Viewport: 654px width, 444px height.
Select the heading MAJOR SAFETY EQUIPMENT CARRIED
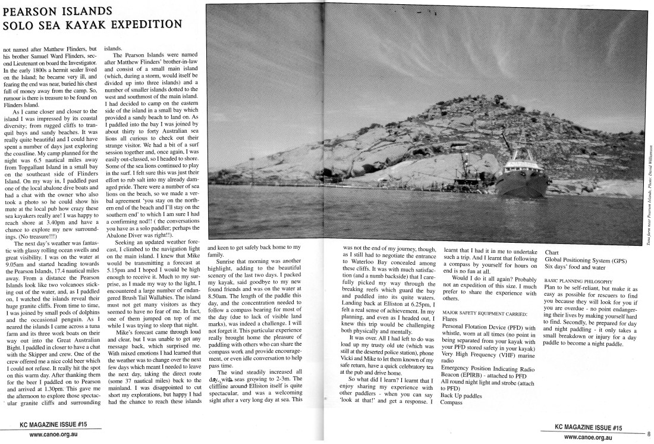(x=485, y=312)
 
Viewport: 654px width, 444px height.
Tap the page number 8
(x=649, y=434)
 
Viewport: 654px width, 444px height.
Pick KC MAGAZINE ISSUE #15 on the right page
(x=588, y=427)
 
